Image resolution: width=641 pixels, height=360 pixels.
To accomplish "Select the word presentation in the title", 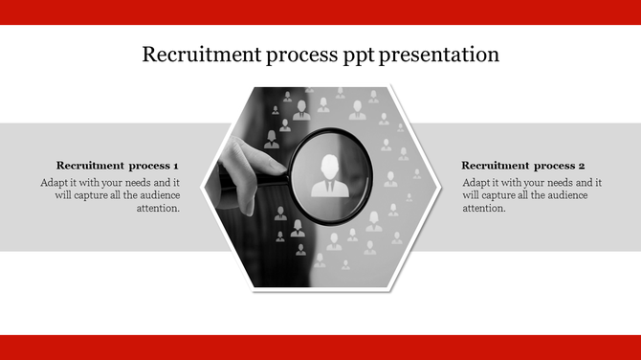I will click(x=439, y=56).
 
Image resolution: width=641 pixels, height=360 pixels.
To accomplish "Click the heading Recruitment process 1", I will click(x=118, y=165).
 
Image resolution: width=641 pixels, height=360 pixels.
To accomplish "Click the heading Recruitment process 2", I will click(x=522, y=165).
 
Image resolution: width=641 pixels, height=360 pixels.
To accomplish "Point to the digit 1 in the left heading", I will click(x=176, y=165).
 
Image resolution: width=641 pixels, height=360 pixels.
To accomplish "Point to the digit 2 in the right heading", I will click(x=582, y=165).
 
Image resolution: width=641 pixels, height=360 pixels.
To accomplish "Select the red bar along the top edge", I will click(x=320, y=11).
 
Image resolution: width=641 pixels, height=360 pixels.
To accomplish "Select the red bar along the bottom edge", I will click(x=320, y=348).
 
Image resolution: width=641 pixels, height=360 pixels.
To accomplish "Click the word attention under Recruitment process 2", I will click(x=483, y=208).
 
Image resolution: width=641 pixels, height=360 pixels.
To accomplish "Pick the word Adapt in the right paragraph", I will click(x=476, y=182).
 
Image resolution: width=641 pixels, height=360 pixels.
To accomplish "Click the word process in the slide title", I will click(x=298, y=56).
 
